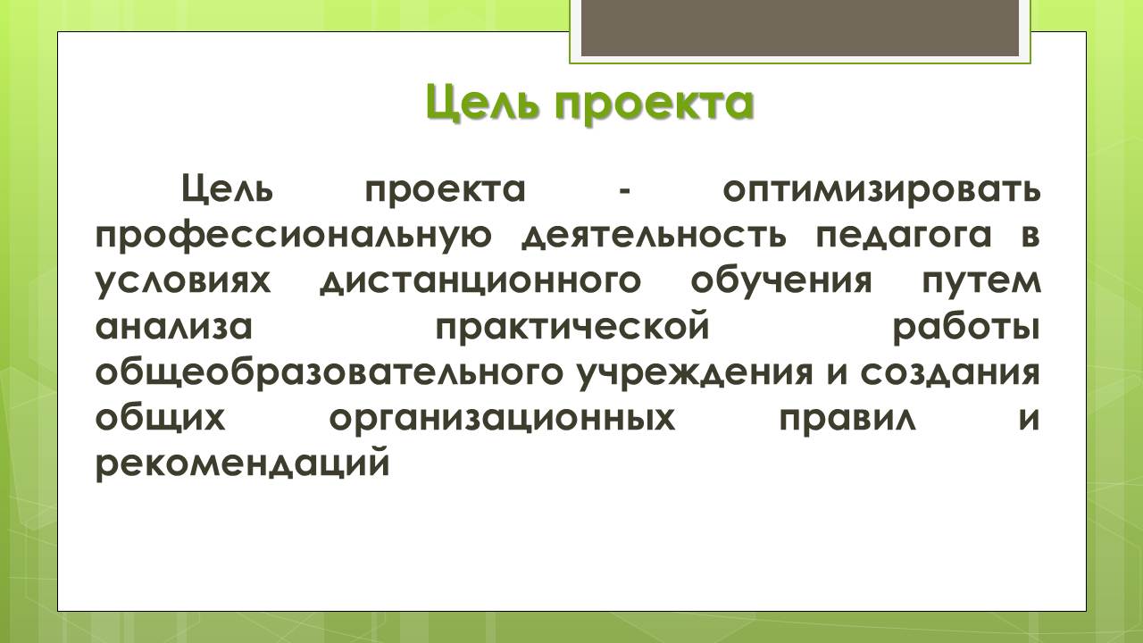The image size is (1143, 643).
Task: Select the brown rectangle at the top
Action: [800, 28]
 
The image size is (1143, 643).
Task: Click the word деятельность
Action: [654, 237]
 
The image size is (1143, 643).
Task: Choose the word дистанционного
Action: [480, 282]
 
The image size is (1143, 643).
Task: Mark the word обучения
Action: [780, 280]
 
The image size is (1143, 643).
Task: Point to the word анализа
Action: [174, 327]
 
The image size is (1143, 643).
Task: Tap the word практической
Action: [572, 328]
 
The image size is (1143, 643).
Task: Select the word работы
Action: [966, 328]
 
